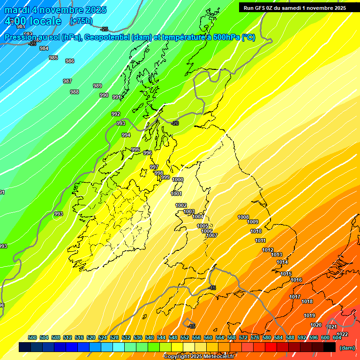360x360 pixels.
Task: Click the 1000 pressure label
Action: point(178,180)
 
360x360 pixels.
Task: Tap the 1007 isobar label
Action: point(212,235)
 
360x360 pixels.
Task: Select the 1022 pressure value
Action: point(342,334)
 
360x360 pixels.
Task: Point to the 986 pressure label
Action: point(69,61)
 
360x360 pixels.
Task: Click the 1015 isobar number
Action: point(286,274)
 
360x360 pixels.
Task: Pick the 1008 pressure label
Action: point(243,217)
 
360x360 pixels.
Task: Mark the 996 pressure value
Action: point(147,153)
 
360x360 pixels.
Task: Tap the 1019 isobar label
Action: point(309,315)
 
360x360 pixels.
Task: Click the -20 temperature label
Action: point(175,123)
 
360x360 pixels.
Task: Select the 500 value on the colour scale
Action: point(32,337)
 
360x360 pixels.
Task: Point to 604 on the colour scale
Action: point(337,337)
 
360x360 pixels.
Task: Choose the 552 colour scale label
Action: point(185,337)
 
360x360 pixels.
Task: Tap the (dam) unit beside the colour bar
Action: point(347,348)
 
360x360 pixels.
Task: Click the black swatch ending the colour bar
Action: point(330,347)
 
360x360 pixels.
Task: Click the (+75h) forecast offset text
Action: point(81,21)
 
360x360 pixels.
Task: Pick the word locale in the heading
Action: point(45,21)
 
